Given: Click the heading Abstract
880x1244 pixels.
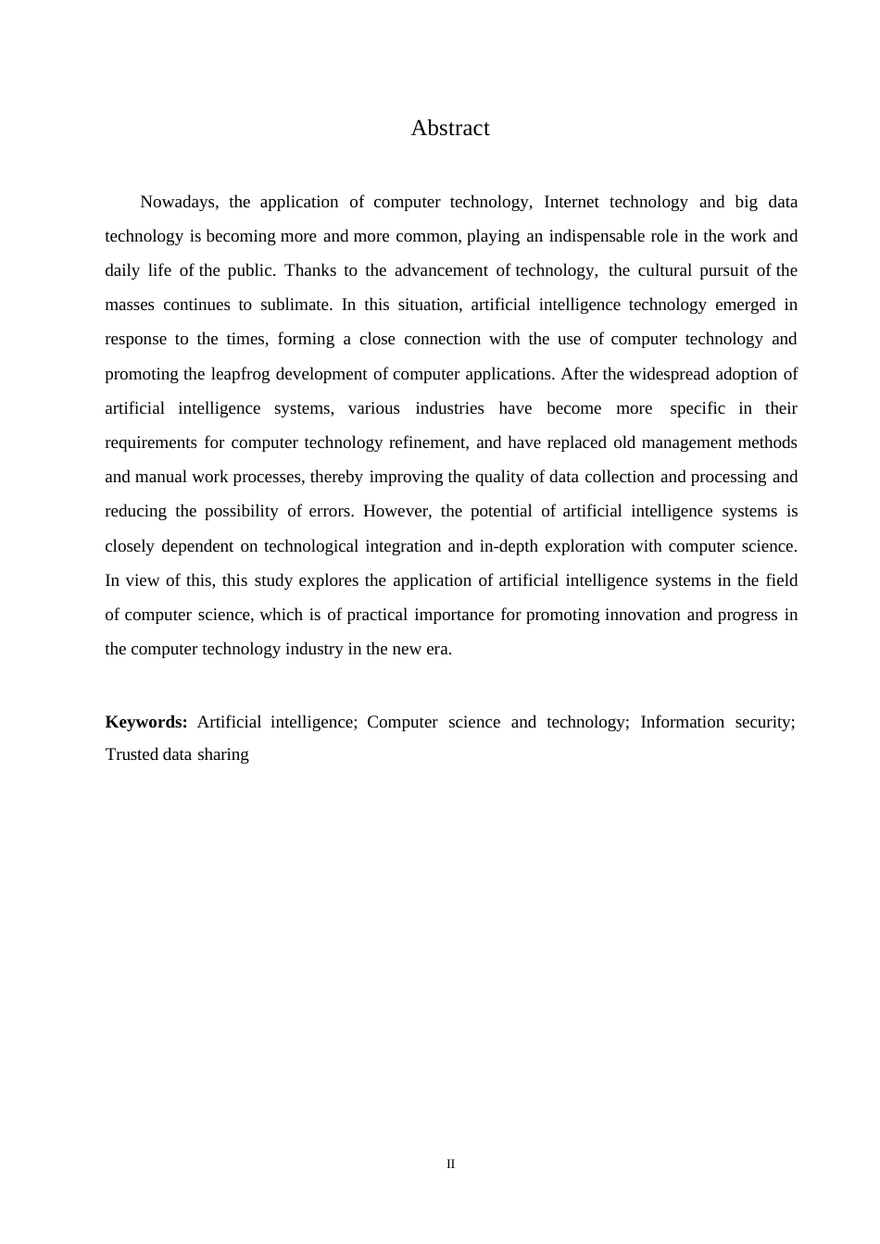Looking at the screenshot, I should point(449,128).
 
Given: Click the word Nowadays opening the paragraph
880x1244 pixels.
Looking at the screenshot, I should point(178,202).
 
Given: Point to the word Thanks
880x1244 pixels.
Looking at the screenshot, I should point(310,270).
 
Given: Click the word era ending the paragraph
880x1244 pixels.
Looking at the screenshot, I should point(439,649).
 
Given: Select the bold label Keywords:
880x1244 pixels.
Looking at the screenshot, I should point(146,722).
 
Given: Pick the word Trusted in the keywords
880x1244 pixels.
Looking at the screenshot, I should point(132,754).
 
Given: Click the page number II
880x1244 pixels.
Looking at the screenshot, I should point(450,1163).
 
